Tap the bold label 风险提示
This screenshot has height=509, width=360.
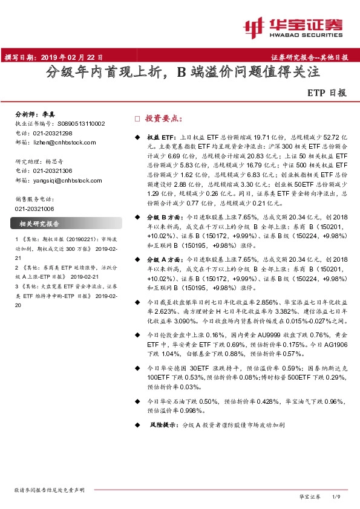point(164,426)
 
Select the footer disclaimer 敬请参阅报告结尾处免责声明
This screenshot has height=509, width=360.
point(50,490)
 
